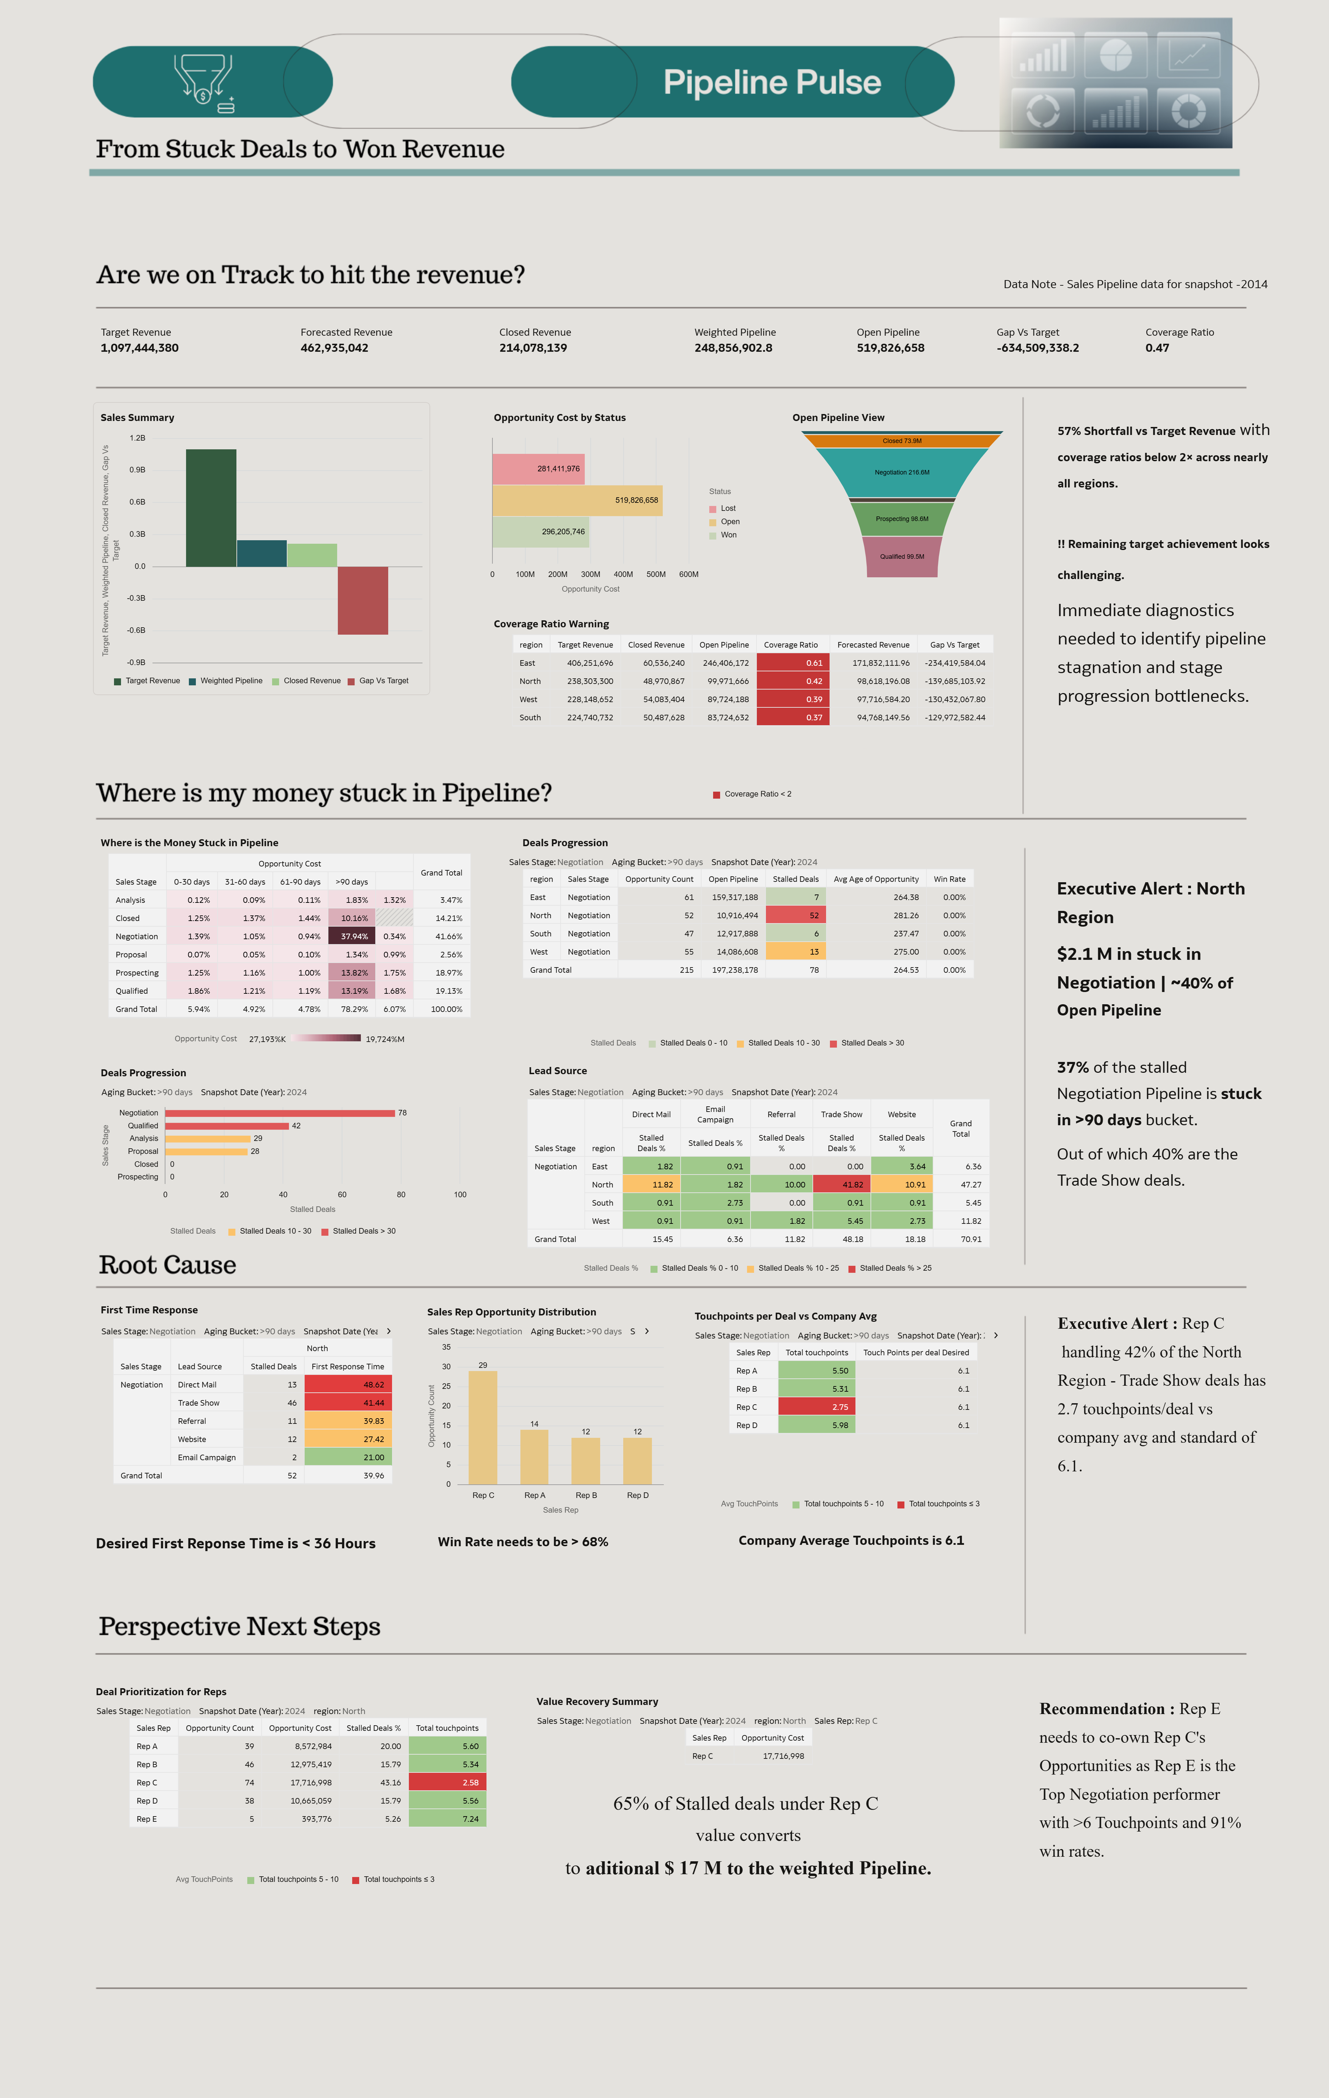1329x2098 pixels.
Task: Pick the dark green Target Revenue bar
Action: tap(211, 508)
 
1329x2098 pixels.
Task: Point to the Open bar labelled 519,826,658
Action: tap(577, 500)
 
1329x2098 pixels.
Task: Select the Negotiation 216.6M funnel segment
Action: tap(902, 472)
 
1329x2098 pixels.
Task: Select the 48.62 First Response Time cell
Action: tap(348, 1384)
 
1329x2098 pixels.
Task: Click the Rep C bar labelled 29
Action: tap(483, 1427)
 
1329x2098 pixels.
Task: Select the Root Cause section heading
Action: tap(167, 1265)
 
